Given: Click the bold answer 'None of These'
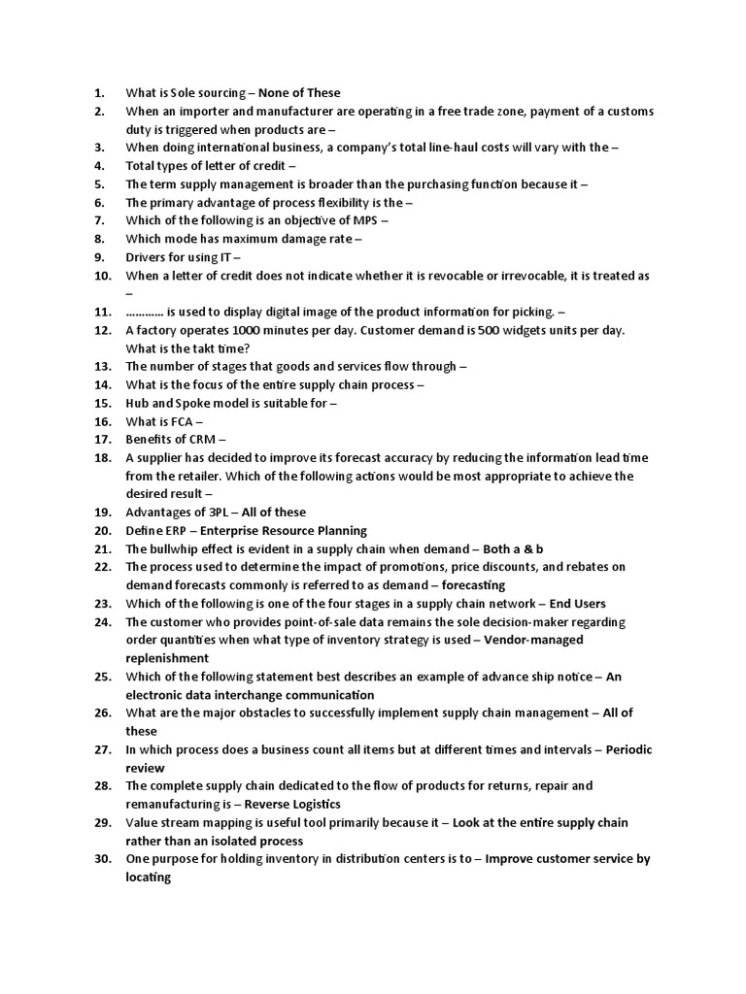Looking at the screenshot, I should point(299,93).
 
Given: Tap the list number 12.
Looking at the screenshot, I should point(103,330).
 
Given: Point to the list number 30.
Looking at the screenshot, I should point(103,859).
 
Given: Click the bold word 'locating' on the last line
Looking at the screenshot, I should point(149,878).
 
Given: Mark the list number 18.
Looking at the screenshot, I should point(103,458).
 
